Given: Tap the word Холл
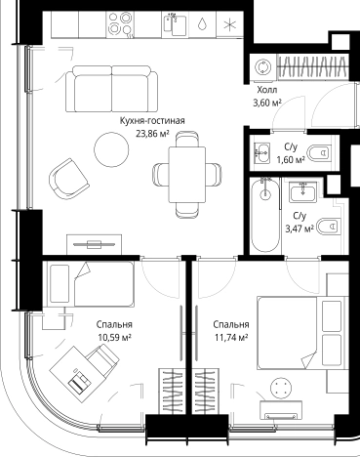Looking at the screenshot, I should point(266,89).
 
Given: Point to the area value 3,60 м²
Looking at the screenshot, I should point(266,102).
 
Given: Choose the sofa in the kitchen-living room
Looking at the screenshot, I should point(111,84).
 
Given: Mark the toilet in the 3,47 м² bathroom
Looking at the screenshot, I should point(330,227).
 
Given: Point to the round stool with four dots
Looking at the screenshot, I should point(284,389).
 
